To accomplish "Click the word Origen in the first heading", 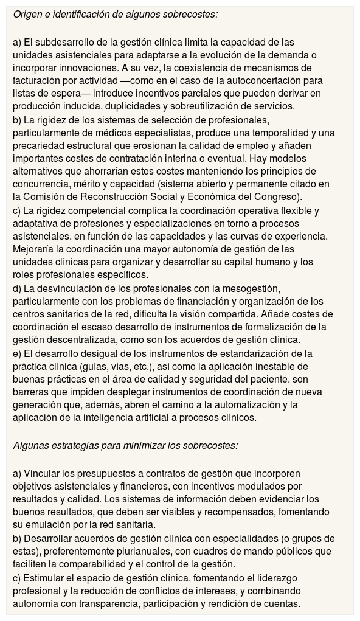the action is tap(28, 14).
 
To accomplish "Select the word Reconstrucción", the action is tap(116, 197).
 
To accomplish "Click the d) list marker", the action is tap(18, 288).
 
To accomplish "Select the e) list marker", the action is tap(18, 353).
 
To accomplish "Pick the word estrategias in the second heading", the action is tap(73, 445).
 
